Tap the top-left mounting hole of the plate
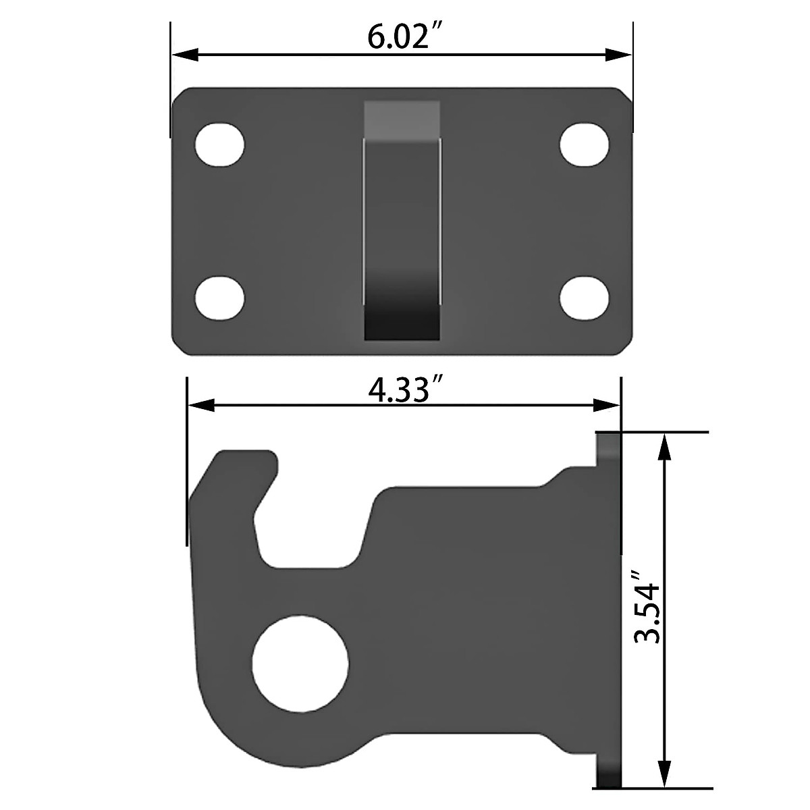point(219,144)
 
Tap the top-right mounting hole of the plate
point(585,144)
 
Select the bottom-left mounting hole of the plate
point(219,297)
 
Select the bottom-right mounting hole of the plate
point(585,297)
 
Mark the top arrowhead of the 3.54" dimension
point(666,446)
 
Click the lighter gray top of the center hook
point(402,119)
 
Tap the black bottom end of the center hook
point(402,324)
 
